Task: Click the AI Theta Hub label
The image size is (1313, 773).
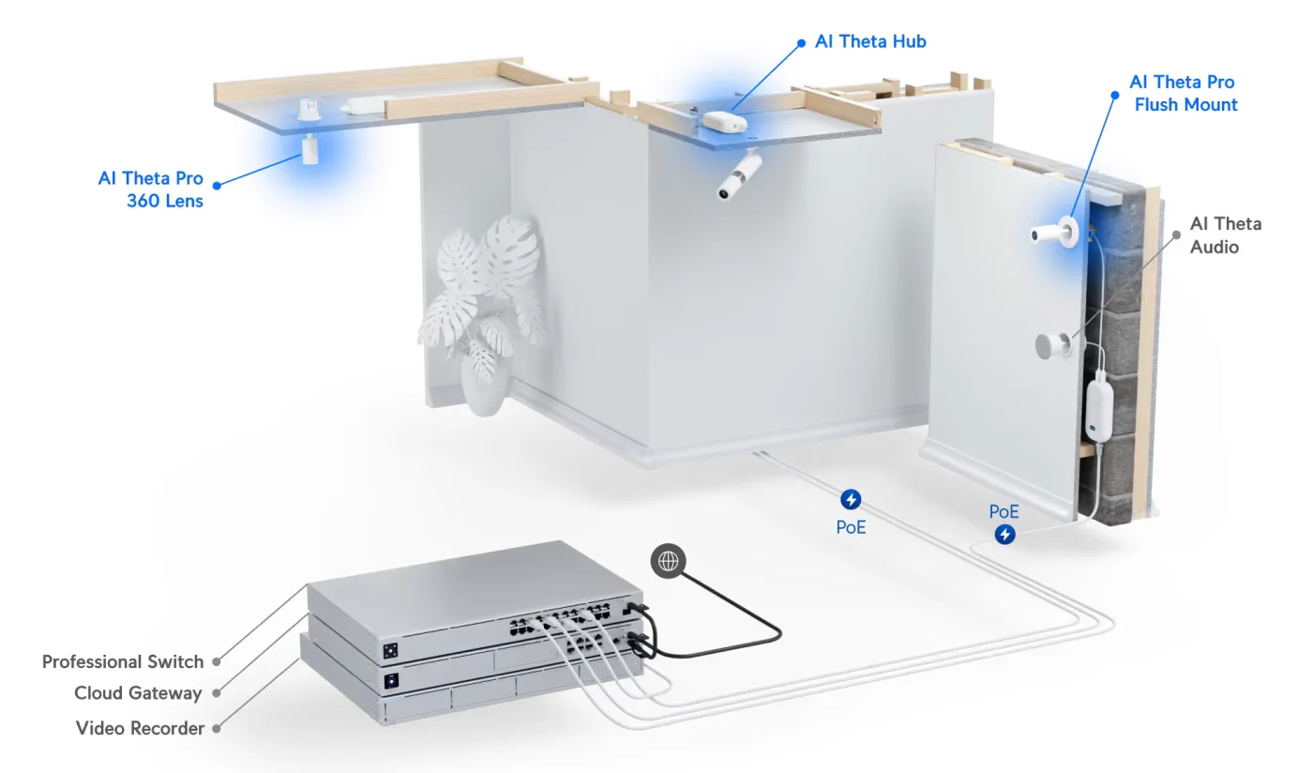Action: click(x=870, y=41)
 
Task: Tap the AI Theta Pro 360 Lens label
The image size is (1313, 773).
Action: click(x=150, y=189)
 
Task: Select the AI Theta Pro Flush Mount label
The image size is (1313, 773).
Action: click(x=1184, y=94)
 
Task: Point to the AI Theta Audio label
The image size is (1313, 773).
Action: click(x=1225, y=235)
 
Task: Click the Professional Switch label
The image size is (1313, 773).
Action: click(x=123, y=661)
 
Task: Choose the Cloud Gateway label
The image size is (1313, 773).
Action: click(x=138, y=693)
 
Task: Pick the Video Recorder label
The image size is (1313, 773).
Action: click(x=140, y=728)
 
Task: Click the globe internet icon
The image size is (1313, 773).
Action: click(x=668, y=561)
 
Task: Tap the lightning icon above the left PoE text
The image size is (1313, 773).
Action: click(x=851, y=499)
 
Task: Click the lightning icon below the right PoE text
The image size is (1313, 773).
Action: click(x=1004, y=535)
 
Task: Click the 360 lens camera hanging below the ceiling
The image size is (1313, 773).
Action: click(x=309, y=150)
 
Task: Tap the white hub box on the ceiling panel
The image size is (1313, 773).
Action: click(x=724, y=122)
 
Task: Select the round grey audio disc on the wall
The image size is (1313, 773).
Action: click(x=1051, y=346)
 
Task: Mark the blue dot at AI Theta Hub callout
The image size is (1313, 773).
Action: click(x=801, y=42)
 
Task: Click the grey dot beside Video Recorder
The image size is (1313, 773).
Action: click(x=217, y=728)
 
